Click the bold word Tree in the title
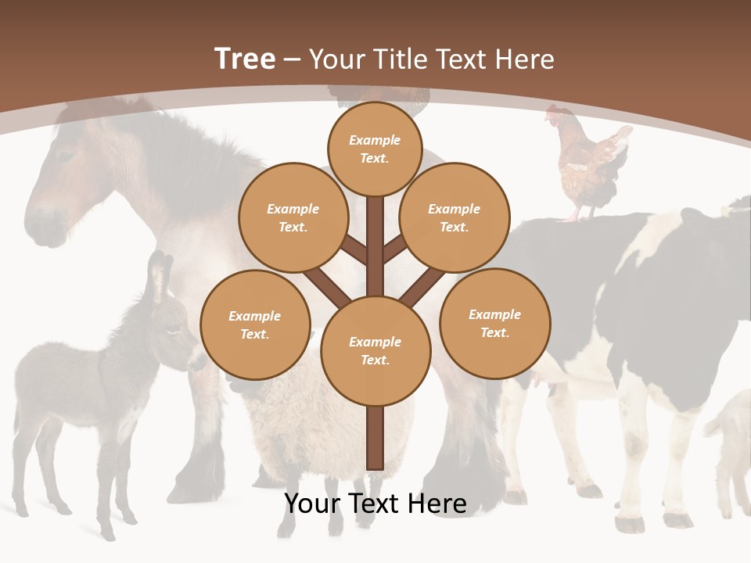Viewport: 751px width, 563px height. [x=245, y=59]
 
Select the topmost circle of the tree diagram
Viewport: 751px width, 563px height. [x=375, y=149]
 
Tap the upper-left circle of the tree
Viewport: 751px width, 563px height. [x=293, y=217]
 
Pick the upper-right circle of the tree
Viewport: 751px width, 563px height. [x=455, y=217]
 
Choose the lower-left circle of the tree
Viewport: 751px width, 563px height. [x=255, y=325]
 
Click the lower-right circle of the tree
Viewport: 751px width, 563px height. [x=495, y=323]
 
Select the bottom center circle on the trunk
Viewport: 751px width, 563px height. [x=375, y=350]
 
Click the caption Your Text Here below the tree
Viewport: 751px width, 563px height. [x=375, y=504]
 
